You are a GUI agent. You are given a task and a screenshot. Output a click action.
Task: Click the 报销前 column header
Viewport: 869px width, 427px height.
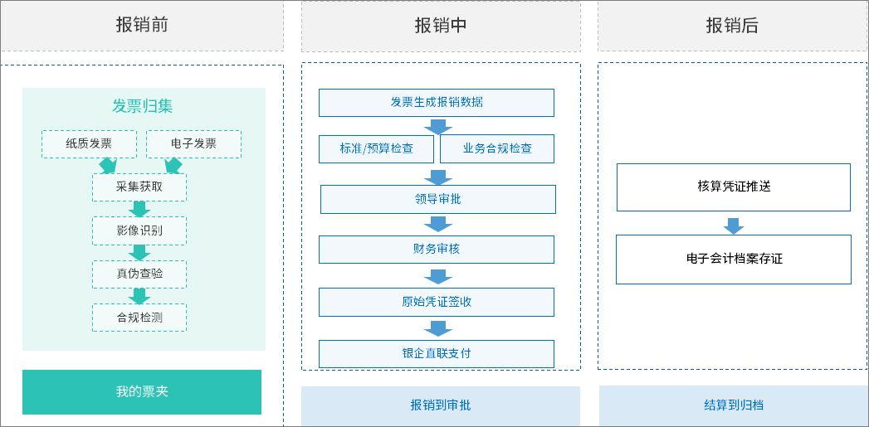point(142,26)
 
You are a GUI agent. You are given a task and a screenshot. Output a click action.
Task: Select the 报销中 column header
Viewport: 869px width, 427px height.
point(441,26)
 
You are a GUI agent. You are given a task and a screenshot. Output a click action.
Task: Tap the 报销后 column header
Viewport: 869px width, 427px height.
point(732,26)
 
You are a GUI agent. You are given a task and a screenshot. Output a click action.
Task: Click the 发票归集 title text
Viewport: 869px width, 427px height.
point(143,106)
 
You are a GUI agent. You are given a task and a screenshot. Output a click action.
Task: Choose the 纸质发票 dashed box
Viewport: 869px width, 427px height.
point(89,143)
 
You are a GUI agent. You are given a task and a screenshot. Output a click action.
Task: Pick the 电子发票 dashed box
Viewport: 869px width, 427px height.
point(193,143)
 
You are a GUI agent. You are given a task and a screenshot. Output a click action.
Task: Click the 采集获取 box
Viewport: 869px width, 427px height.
point(139,187)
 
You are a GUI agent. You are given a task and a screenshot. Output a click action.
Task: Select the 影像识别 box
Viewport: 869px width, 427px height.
point(139,230)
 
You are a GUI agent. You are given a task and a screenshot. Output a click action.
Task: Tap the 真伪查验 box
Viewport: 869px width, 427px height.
point(139,274)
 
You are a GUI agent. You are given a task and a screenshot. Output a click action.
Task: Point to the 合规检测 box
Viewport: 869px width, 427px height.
point(139,318)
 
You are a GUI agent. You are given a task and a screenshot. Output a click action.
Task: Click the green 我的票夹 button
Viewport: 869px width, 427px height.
point(142,391)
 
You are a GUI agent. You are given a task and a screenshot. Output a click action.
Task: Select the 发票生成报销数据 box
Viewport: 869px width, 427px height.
point(437,103)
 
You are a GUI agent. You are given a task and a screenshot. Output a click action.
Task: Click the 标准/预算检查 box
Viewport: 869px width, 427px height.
point(377,149)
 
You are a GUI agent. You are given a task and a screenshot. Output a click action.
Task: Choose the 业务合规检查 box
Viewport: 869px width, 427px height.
point(497,149)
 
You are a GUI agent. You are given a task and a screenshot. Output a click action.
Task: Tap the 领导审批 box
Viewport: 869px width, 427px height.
point(438,199)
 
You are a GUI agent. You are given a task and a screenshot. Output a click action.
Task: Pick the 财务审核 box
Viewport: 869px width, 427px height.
point(437,250)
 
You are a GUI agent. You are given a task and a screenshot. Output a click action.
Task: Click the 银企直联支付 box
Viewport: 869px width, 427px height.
point(437,354)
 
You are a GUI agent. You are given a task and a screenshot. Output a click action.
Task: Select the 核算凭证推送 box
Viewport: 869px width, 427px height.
point(734,187)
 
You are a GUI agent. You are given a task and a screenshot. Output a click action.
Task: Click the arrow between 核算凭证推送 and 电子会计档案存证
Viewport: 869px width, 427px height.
point(734,226)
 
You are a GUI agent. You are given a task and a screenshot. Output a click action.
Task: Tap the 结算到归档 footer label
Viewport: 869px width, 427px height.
point(734,405)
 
